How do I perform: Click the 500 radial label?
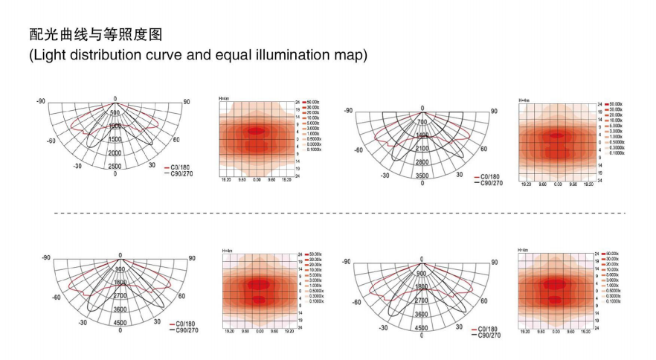tap(115, 112)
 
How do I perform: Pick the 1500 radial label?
tap(115, 139)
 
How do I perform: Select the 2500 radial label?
tap(115, 167)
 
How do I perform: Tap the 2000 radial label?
tap(115, 152)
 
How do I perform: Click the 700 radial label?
tap(422, 121)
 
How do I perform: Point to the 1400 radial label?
tap(422, 135)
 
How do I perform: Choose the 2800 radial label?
tap(422, 162)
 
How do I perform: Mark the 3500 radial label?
tap(422, 176)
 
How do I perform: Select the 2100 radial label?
tap(422, 149)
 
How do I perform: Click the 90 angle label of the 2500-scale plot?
tap(187, 102)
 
